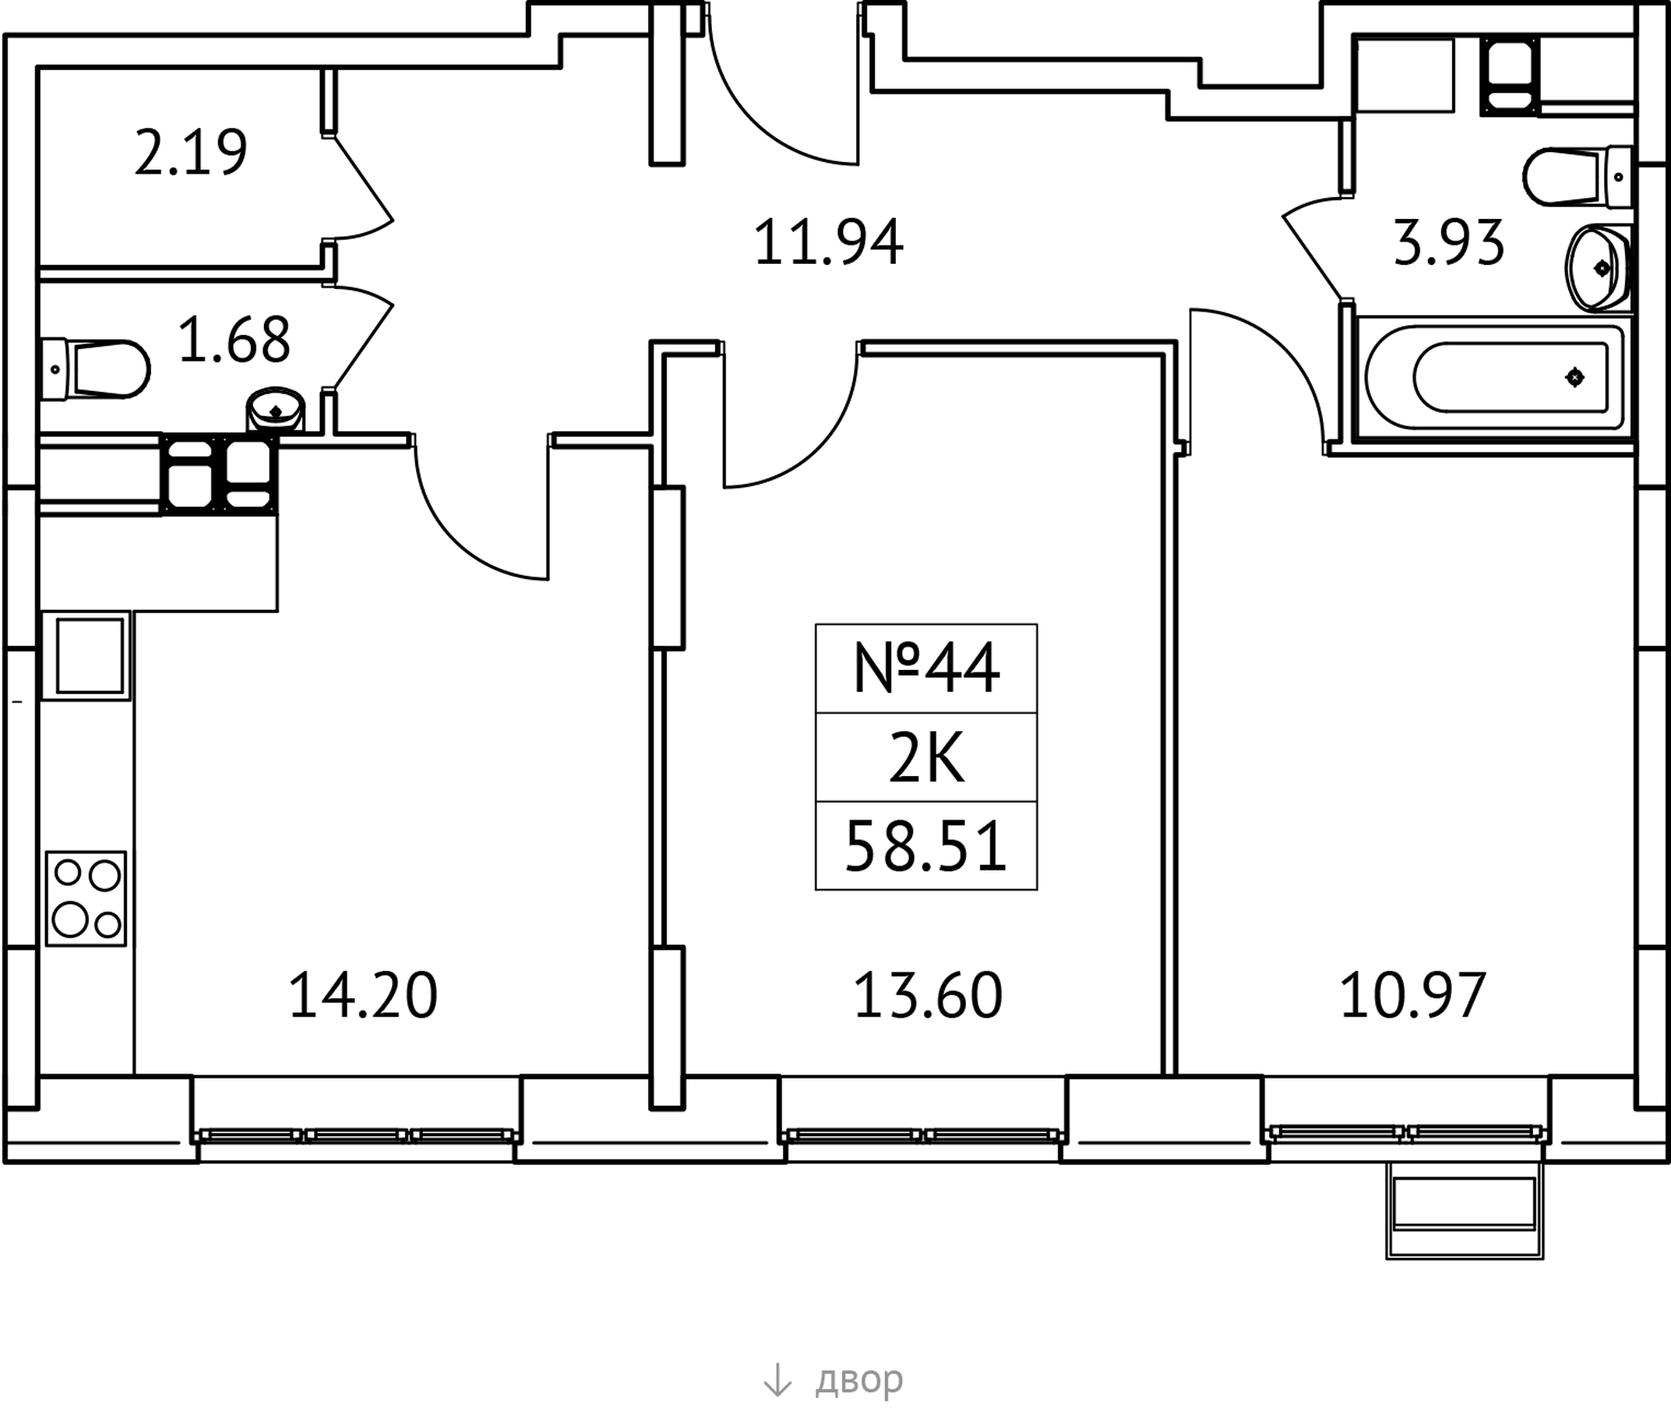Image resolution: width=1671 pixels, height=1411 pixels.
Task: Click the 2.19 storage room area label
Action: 190,153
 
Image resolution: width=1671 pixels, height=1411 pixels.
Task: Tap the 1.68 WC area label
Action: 234,340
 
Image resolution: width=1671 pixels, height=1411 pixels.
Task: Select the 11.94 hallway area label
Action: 828,242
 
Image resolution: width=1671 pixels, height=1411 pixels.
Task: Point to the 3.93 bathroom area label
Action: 1449,242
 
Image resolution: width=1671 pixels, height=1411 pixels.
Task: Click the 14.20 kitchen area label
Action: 363,995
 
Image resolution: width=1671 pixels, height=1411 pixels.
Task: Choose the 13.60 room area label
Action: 927,995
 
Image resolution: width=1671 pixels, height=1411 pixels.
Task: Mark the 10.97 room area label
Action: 1413,995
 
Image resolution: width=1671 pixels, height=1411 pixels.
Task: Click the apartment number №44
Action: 926,668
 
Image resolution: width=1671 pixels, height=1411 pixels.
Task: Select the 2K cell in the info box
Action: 926,758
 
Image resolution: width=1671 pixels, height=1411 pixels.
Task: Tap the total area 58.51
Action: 926,846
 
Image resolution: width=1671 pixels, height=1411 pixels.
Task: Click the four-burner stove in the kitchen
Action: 86,899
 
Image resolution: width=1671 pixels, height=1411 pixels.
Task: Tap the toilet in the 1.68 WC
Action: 94,368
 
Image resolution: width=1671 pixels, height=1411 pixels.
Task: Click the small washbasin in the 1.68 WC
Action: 275,410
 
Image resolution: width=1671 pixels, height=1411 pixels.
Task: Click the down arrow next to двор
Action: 777,1379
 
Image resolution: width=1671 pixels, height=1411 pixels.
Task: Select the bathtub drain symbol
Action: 1574,378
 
